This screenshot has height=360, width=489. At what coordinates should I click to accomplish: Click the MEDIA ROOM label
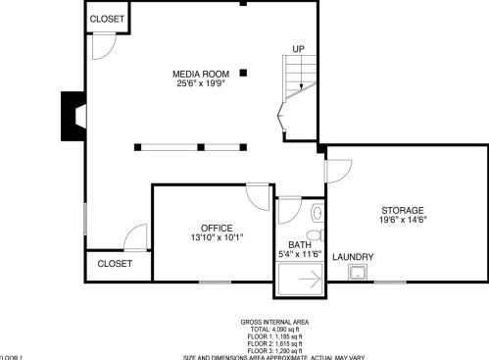(200, 75)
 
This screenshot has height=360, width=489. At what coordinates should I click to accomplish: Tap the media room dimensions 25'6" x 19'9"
(200, 84)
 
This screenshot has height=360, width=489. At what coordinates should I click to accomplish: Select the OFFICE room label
(217, 228)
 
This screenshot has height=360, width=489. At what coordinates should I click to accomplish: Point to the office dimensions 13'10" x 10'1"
(217, 237)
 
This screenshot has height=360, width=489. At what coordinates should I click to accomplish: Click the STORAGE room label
(403, 211)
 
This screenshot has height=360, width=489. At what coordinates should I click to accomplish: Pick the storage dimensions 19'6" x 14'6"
(403, 221)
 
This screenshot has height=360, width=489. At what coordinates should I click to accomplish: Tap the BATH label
(299, 244)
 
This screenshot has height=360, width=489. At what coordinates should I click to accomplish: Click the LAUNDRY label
(353, 257)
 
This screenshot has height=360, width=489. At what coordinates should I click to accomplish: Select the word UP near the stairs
(298, 48)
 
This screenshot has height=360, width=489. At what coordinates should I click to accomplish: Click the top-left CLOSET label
(107, 19)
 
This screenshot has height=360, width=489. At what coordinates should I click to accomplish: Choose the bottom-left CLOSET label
(115, 264)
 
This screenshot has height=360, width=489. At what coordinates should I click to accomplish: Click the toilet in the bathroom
(315, 214)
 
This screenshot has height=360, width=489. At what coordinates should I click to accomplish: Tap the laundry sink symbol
(361, 272)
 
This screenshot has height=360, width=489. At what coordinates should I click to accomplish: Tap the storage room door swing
(335, 168)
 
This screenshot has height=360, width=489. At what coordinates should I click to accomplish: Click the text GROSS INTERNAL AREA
(274, 322)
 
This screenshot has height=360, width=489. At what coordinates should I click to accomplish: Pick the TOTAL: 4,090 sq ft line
(274, 329)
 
